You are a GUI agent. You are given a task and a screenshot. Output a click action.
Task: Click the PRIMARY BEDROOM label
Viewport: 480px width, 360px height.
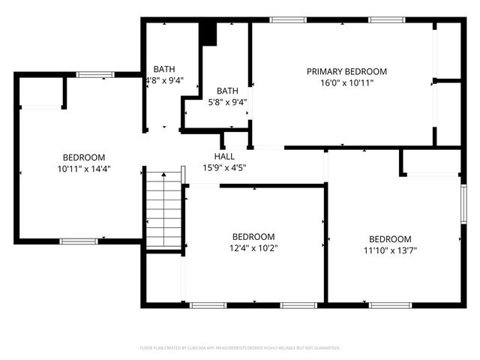pos(346,71)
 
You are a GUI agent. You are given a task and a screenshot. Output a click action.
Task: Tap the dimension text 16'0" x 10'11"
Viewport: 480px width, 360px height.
pos(346,82)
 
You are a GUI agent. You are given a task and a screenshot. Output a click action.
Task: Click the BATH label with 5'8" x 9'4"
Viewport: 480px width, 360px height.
pos(227,91)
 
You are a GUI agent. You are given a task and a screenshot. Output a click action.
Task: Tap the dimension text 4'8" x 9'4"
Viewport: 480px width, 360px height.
pos(164,80)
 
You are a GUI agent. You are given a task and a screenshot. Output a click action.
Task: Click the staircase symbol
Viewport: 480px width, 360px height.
pos(164,211)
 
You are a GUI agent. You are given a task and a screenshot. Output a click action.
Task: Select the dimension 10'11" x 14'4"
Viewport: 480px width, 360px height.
pos(83,169)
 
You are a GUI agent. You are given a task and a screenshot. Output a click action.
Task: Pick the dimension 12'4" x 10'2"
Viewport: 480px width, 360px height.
pos(253,247)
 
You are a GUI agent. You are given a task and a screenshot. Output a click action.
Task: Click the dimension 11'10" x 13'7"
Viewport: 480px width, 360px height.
pos(390,250)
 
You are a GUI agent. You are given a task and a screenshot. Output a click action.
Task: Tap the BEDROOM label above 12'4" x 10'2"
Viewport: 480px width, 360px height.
pos(253,236)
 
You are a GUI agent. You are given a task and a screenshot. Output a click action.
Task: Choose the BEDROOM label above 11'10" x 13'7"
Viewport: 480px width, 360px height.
pos(390,239)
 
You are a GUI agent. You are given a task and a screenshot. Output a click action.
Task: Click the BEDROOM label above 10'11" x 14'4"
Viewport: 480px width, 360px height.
pos(83,157)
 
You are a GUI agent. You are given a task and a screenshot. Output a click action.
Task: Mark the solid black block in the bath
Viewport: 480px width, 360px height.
pos(208,34)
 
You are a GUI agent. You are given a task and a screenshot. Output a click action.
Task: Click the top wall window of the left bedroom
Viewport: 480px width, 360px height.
pos(95,74)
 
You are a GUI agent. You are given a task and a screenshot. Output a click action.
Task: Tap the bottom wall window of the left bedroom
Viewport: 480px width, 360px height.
pos(79,241)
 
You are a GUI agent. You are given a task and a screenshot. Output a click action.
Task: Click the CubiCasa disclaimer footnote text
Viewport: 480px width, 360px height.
pos(240,348)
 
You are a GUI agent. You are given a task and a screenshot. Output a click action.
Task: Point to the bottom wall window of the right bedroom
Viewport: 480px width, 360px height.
pos(390,305)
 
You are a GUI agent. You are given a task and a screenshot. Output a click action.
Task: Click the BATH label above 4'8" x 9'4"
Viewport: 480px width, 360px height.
pos(164,69)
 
